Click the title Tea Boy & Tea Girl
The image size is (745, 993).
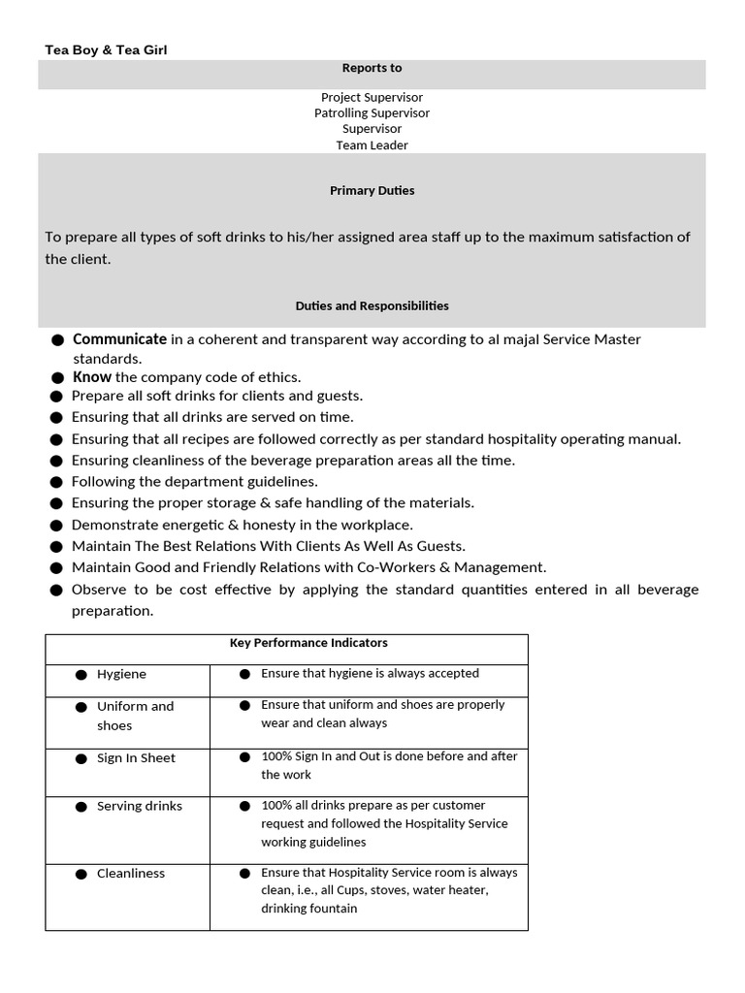point(106,49)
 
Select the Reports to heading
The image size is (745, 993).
point(372,68)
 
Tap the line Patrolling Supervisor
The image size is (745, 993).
point(372,112)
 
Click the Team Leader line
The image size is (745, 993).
point(372,144)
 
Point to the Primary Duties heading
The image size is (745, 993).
point(372,190)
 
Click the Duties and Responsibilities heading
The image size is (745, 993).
point(372,305)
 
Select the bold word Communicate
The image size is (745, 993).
point(119,339)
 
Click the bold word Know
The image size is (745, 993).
point(92,376)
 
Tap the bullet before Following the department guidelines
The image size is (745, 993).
point(57,482)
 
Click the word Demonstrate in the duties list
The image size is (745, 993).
point(113,525)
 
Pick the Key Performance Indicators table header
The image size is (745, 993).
point(308,643)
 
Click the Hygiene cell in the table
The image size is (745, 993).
point(121,674)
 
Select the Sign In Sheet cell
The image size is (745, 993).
point(136,758)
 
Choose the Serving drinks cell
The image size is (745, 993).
point(139,806)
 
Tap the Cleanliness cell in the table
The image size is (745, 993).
point(131,874)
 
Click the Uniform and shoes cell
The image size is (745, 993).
point(135,716)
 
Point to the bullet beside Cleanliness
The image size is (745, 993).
point(81,874)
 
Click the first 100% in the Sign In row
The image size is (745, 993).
point(276,756)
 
